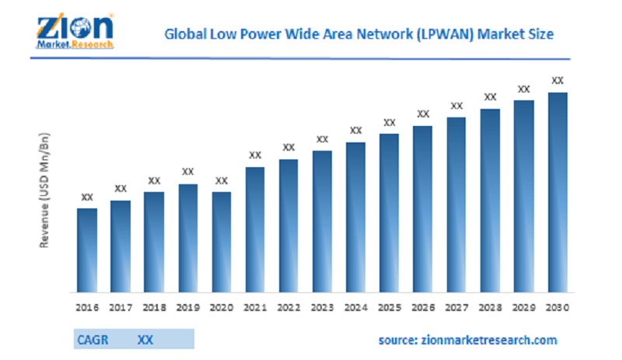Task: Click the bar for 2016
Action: (x=87, y=250)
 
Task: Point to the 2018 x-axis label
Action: (x=154, y=307)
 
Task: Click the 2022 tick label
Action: (x=288, y=307)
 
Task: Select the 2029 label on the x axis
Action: (x=524, y=307)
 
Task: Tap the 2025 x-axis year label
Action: (x=390, y=307)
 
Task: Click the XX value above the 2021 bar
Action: (x=255, y=156)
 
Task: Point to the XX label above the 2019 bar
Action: (x=187, y=172)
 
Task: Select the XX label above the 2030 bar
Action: (x=557, y=80)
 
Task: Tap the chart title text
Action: (x=358, y=35)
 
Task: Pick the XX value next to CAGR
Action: (x=145, y=340)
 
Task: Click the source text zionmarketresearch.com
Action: (x=467, y=341)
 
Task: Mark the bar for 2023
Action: (x=323, y=221)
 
